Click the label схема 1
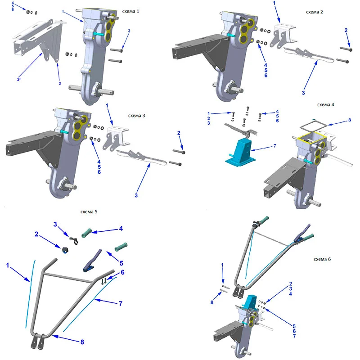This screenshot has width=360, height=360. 130,11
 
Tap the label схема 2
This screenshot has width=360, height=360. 314,12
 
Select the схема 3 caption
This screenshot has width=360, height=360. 137,116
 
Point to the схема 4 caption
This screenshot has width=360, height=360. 325,105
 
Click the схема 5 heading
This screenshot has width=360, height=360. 89,211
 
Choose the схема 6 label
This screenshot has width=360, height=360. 322,259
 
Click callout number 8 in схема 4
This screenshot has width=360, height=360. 350,120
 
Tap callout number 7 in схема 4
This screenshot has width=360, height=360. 274,146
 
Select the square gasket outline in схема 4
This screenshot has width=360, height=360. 314,126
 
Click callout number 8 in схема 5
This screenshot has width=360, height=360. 82,342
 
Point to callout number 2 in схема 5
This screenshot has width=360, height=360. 36,234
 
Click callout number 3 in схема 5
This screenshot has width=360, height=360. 55,224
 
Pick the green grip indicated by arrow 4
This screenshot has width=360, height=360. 87,233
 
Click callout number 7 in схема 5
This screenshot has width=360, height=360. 121,303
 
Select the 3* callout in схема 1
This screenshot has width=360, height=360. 19,80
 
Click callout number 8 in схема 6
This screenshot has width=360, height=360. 212,302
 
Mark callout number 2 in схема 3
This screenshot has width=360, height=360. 179,133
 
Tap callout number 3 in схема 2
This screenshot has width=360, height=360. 303,93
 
